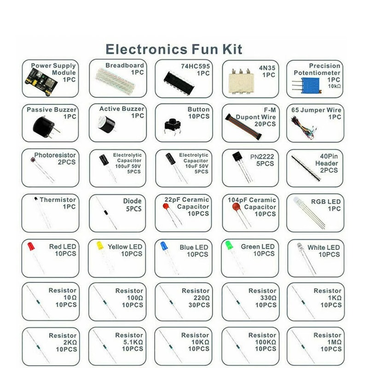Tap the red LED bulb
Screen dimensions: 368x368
pyautogui.click(x=31, y=247)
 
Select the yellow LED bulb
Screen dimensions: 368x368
pyautogui.click(x=98, y=246)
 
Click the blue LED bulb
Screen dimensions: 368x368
pyautogui.click(x=164, y=246)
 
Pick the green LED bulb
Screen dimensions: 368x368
pyautogui.click(x=229, y=245)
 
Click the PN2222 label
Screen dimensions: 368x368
pyautogui.click(x=262, y=156)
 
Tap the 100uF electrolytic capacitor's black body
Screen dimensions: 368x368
pyautogui.click(x=104, y=160)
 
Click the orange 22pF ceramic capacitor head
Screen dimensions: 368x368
pyautogui.click(x=167, y=207)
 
